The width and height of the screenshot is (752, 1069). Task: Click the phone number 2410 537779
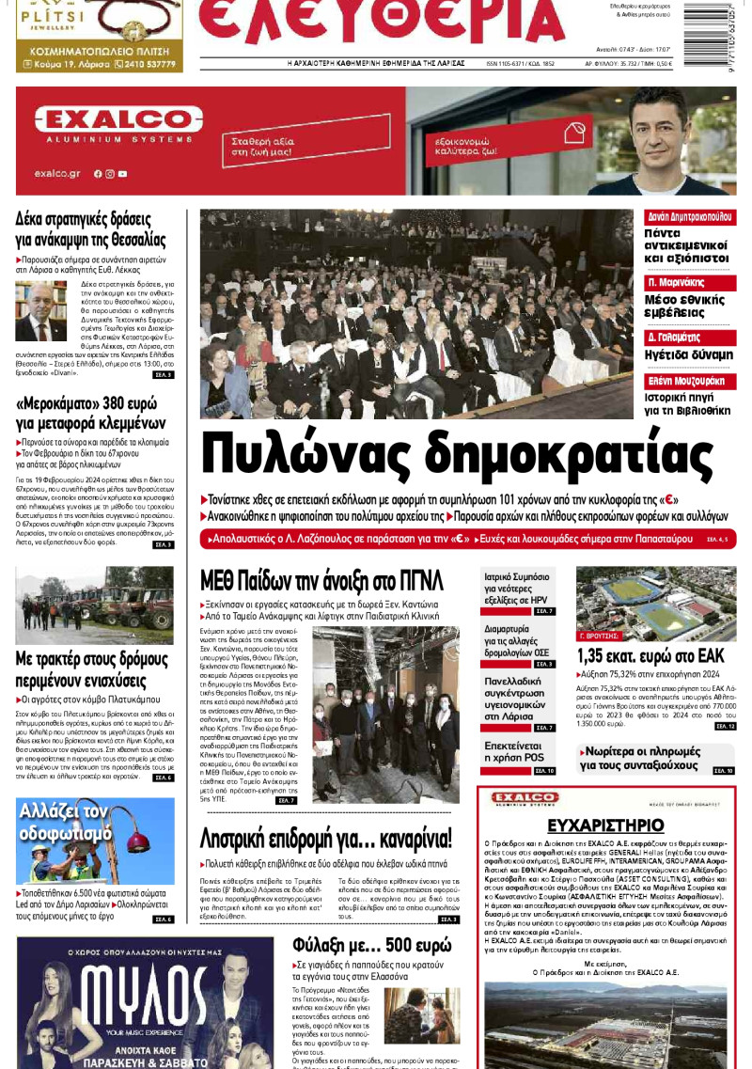pyautogui.click(x=145, y=65)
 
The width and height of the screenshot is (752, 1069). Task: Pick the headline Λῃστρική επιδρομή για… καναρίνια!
pyautogui.click(x=327, y=837)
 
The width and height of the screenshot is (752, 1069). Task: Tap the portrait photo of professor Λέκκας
pyautogui.click(x=40, y=311)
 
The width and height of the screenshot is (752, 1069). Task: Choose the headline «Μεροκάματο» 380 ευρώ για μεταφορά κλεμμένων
pyautogui.click(x=90, y=413)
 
